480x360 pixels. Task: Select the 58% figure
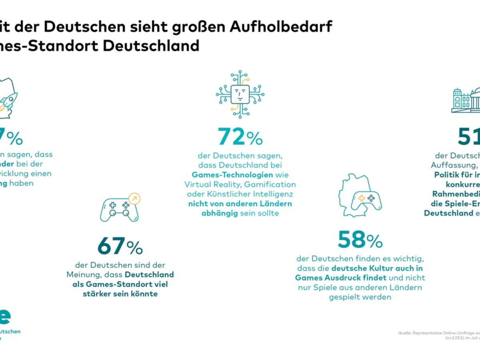pyautogui.click(x=360, y=240)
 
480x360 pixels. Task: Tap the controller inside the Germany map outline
pyautogui.click(x=366, y=198)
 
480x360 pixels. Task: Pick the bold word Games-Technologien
pyautogui.click(x=232, y=174)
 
